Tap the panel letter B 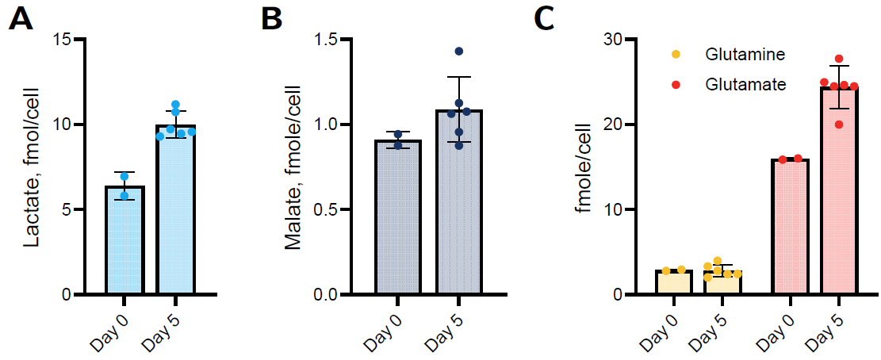(271, 19)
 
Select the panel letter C (544, 19)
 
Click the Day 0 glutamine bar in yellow (673, 283)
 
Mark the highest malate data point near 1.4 (459, 52)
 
